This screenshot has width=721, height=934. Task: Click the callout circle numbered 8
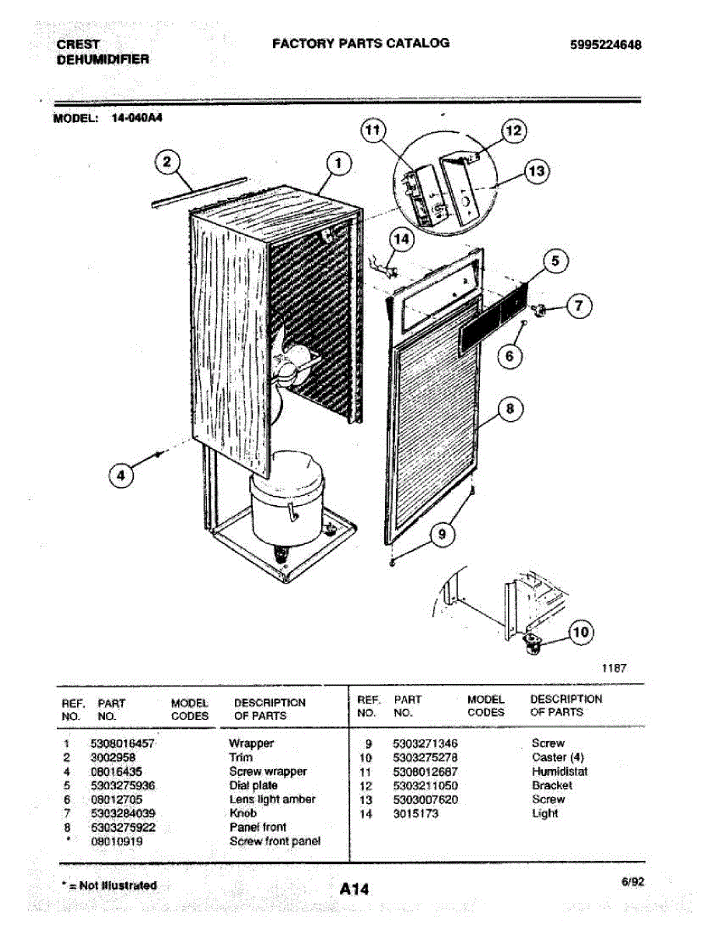click(x=510, y=410)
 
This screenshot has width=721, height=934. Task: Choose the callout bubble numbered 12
click(x=513, y=131)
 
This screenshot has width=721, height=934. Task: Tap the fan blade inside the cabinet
click(x=293, y=365)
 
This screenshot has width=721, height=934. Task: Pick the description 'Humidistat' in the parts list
click(x=559, y=771)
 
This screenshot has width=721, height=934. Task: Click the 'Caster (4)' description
click(x=558, y=757)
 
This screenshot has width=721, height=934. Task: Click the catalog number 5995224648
click(x=606, y=45)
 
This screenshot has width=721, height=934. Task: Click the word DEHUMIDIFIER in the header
click(x=103, y=59)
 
